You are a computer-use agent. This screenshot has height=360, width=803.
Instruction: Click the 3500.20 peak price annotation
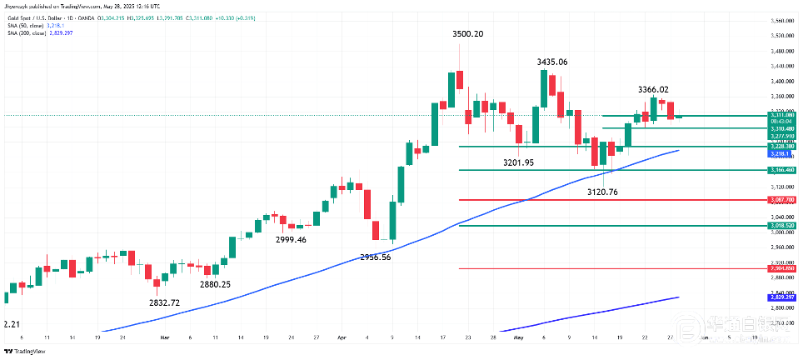pos(473,34)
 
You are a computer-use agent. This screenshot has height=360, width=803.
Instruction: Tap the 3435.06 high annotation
pos(552,62)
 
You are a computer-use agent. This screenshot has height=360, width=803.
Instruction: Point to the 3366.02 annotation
pos(653,89)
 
